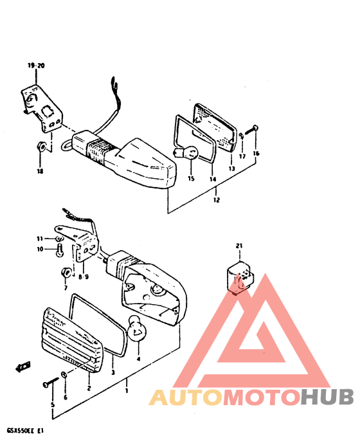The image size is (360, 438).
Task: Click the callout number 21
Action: [x=239, y=246]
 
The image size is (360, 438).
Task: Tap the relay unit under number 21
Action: [x=240, y=278]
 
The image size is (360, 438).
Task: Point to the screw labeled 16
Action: [x=251, y=130]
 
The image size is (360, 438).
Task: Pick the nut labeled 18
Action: [x=40, y=146]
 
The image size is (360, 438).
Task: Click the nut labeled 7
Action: [x=66, y=272]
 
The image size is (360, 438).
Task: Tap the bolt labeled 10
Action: [x=60, y=250]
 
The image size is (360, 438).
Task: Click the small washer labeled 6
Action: [x=64, y=374]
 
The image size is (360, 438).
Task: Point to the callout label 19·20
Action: [x=36, y=66]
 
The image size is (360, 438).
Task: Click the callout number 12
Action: [x=217, y=200]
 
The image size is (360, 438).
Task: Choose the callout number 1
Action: [x=126, y=390]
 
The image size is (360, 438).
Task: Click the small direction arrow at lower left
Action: [x=23, y=367]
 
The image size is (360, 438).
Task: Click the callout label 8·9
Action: [x=83, y=277]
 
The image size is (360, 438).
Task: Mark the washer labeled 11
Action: [x=59, y=239]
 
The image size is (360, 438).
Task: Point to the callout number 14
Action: [x=213, y=179]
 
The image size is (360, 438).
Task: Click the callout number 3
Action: [x=113, y=372]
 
